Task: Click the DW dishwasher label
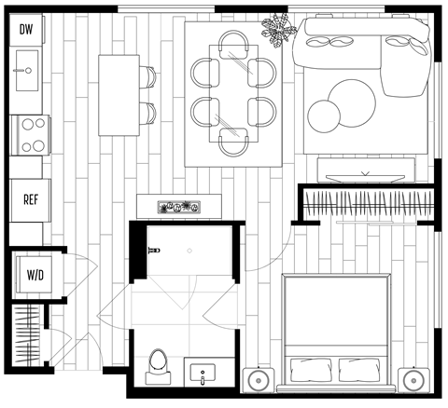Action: tap(25, 29)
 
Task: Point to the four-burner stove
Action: tap(28, 133)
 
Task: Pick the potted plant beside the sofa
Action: tap(278, 34)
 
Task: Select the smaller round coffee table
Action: tap(323, 115)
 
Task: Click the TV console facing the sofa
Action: tap(365, 170)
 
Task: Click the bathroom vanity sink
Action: tap(203, 374)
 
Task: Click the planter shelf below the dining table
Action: tap(178, 205)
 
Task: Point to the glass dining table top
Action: tap(233, 93)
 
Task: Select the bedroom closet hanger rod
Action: tap(365, 202)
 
